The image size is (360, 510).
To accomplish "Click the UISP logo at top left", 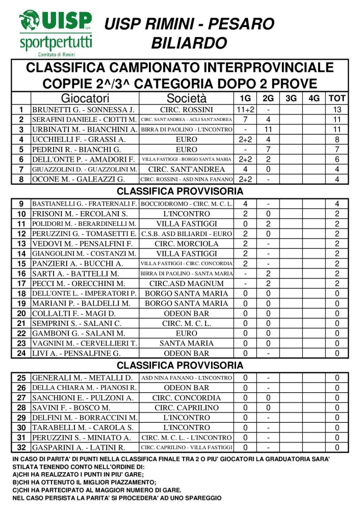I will [x=56, y=33].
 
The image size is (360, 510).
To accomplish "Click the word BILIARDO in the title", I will [x=189, y=43].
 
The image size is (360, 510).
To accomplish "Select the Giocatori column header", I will [x=85, y=98].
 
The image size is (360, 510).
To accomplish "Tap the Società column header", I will [x=187, y=98].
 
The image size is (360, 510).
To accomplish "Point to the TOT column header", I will [x=337, y=98].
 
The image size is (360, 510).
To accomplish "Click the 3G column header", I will [x=291, y=98].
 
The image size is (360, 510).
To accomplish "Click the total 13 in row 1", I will [x=337, y=110].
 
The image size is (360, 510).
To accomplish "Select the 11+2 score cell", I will [x=245, y=110].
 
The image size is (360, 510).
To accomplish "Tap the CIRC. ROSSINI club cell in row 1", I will [x=187, y=110].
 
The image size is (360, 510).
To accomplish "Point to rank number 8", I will [x=21, y=180].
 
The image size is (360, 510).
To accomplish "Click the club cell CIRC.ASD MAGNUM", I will [x=187, y=284].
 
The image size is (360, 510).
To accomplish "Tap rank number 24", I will [x=21, y=353].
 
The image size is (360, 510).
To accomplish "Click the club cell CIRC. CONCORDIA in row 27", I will [x=187, y=398].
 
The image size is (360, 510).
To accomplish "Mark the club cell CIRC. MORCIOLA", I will [x=187, y=244].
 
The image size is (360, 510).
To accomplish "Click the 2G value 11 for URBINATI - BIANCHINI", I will [x=268, y=130].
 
